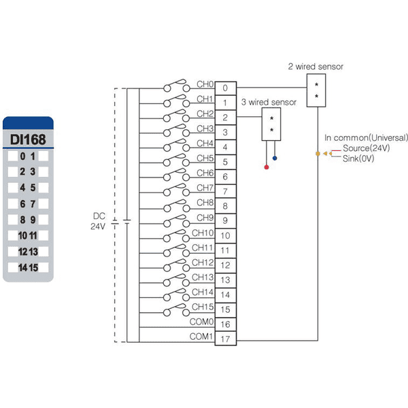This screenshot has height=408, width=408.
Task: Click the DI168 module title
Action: [28, 139]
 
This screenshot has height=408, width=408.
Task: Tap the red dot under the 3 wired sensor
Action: [267, 167]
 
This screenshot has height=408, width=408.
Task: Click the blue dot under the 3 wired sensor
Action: [275, 158]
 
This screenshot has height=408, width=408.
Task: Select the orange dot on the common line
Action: [318, 154]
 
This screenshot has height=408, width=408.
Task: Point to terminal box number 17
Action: [225, 339]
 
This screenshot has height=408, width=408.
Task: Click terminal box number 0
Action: [225, 88]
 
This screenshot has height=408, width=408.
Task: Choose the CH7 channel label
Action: [205, 188]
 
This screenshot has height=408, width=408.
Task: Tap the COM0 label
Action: [201, 322]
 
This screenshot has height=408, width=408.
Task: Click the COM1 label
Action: [201, 337]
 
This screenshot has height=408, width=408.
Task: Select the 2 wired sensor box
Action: [316, 90]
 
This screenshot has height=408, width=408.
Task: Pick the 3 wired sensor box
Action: [271, 124]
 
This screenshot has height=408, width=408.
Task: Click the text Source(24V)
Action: [367, 148]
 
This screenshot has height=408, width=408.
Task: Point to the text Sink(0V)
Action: [358, 158]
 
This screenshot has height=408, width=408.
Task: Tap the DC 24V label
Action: [99, 221]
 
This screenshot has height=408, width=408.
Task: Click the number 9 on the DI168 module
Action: [33, 220]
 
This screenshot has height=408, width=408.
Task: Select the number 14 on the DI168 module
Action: [22, 268]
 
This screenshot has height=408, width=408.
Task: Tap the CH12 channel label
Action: [203, 262]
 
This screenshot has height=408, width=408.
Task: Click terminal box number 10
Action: [225, 236]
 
